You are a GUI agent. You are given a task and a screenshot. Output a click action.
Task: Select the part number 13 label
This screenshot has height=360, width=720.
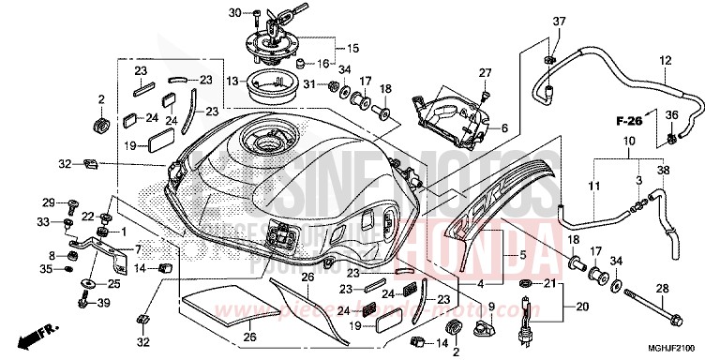(232, 82)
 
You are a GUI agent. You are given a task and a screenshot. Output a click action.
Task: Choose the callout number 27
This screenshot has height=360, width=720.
(486, 73)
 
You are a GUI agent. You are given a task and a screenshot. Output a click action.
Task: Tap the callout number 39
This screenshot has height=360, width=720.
(104, 302)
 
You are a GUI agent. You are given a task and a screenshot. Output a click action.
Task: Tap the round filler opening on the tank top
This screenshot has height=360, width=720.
(265, 142)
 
